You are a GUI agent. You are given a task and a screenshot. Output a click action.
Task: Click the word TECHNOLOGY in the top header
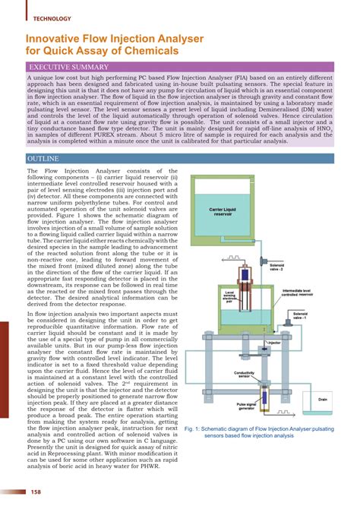pyautogui.click(x=52, y=17)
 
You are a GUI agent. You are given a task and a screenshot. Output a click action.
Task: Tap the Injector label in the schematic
pyautogui.click(x=274, y=343)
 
